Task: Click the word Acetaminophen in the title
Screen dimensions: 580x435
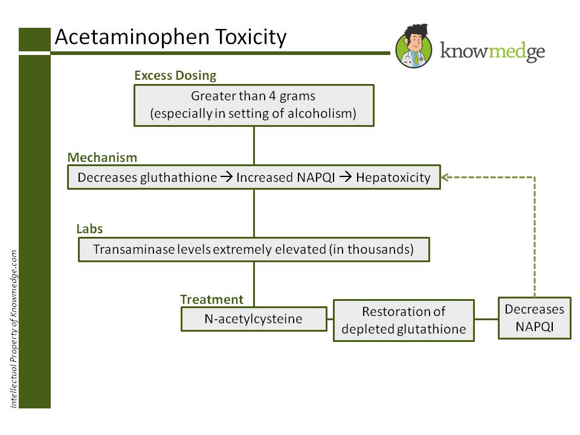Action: pyautogui.click(x=132, y=37)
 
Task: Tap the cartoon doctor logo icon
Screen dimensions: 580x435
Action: pyautogui.click(x=414, y=46)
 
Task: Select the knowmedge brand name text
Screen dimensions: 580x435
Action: pyautogui.click(x=492, y=51)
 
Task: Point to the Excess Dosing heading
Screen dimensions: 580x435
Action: pyautogui.click(x=175, y=76)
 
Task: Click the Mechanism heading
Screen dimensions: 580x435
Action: pyautogui.click(x=102, y=158)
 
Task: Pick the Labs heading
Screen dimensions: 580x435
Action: pyautogui.click(x=89, y=229)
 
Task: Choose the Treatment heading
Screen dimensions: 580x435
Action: pyautogui.click(x=211, y=299)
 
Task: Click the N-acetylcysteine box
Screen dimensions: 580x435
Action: pyautogui.click(x=254, y=319)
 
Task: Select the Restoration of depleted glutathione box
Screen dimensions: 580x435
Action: pyautogui.click(x=404, y=320)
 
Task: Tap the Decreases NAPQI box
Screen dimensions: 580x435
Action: pyautogui.click(x=535, y=318)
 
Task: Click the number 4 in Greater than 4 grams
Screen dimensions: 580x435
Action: pyautogui.click(x=272, y=96)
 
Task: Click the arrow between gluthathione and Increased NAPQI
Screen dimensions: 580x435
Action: pyautogui.click(x=227, y=177)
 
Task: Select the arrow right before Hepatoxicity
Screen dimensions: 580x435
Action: pyautogui.click(x=346, y=177)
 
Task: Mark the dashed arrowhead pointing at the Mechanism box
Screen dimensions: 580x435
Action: pyautogui.click(x=445, y=177)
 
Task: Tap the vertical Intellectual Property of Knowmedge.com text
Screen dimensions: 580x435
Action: pyautogui.click(x=14, y=329)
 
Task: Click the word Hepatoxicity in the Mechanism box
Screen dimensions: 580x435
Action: pyautogui.click(x=393, y=178)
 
